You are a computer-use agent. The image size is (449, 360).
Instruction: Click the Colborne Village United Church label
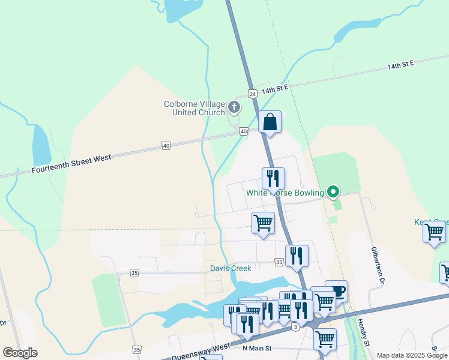point(194,108)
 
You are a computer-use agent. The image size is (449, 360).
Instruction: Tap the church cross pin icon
point(234,108)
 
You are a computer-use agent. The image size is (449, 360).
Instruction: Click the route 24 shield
point(252,94)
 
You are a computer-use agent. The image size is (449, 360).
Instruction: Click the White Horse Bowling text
point(285,193)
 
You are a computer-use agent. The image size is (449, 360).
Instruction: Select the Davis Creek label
point(231,268)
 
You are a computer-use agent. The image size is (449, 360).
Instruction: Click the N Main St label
point(258,348)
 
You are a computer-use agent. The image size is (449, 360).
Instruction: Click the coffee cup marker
point(337,292)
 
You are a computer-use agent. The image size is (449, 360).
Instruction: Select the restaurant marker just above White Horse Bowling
point(273,178)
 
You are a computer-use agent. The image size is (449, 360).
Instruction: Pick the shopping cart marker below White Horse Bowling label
point(263,223)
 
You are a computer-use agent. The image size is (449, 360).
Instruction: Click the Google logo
point(20,353)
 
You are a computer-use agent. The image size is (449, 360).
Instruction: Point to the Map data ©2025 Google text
point(412,355)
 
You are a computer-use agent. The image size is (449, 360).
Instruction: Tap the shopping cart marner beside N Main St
point(325,339)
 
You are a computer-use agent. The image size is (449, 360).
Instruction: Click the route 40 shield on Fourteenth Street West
point(166,146)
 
